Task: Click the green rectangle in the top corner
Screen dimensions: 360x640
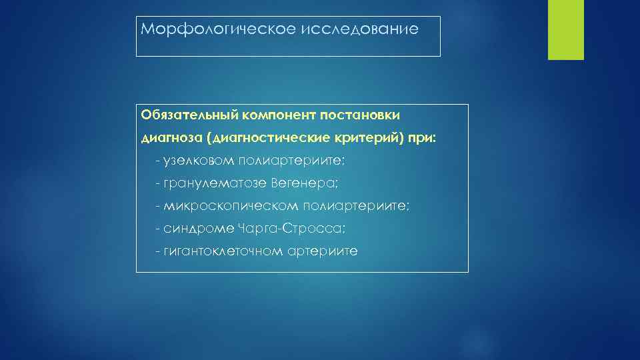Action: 565,29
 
